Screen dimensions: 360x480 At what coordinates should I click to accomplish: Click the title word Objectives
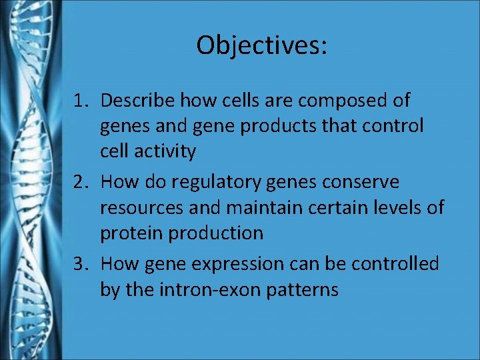(261, 45)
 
